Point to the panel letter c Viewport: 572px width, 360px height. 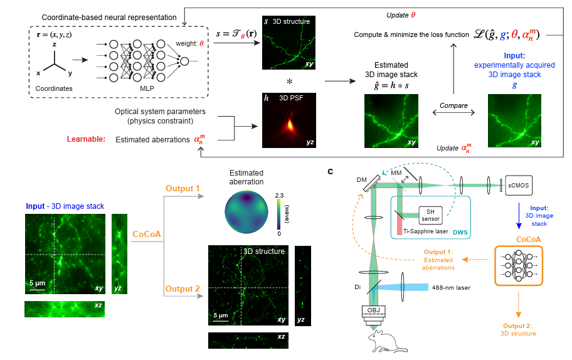tap(330, 171)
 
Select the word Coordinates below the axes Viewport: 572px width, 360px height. tap(53, 88)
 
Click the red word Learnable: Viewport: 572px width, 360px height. tap(87, 139)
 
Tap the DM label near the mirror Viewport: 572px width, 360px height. tap(362, 179)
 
